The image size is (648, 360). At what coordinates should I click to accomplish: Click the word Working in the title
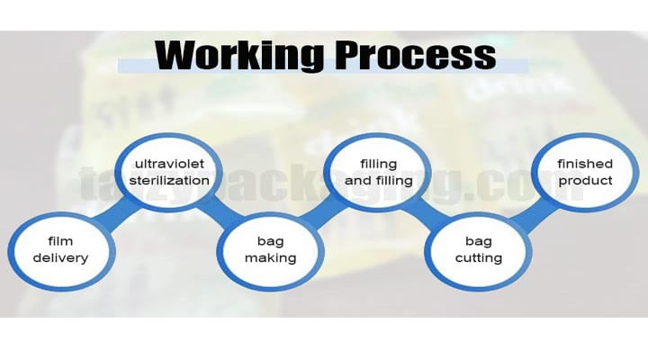click(239, 56)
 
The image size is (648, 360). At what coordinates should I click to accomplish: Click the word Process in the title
click(415, 55)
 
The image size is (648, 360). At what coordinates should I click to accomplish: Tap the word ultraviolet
click(169, 164)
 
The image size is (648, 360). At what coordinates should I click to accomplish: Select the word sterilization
click(169, 181)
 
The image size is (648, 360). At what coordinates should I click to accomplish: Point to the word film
click(60, 240)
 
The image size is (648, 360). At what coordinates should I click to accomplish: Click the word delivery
click(61, 258)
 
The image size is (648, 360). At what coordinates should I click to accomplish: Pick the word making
click(270, 258)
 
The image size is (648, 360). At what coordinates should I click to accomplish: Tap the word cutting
click(479, 258)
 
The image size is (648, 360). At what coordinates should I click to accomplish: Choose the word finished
click(585, 164)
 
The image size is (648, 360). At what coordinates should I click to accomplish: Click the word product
click(585, 181)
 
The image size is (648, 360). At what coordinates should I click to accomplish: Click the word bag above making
click(270, 241)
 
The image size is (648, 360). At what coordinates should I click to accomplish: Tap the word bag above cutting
click(479, 241)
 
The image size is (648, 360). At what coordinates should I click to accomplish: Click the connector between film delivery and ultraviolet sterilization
click(116, 214)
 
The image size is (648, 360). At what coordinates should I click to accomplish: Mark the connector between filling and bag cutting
click(428, 214)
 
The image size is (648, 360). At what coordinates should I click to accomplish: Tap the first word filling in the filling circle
click(379, 164)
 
